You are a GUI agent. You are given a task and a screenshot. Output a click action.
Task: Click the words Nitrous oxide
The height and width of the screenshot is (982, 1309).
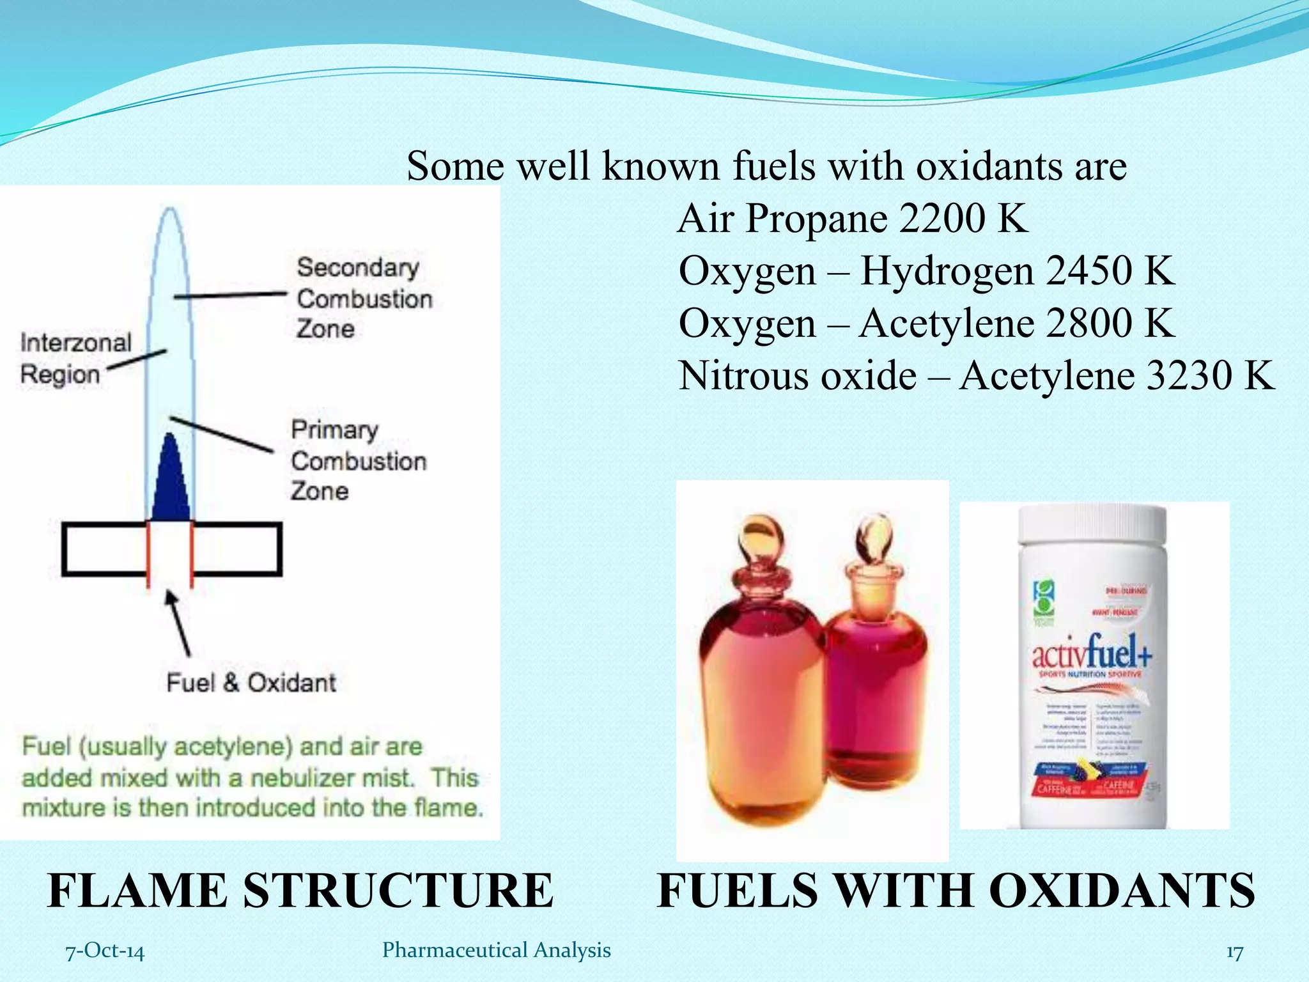coord(798,375)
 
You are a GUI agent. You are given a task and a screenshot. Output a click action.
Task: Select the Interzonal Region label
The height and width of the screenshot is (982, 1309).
coord(75,358)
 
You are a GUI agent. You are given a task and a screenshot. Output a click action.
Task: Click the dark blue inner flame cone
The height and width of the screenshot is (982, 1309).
coord(170,479)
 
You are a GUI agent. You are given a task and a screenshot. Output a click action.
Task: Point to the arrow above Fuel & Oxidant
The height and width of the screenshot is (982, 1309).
coord(179,623)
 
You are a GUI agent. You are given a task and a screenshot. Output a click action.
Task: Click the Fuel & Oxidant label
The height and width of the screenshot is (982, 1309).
coord(251,683)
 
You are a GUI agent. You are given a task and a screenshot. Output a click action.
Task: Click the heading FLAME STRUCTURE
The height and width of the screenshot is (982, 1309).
coord(300,890)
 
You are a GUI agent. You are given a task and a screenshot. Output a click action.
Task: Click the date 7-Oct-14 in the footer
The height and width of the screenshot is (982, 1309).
coord(105,951)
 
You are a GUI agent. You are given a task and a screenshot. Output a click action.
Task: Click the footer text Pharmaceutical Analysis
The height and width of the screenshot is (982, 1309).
coord(496,950)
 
